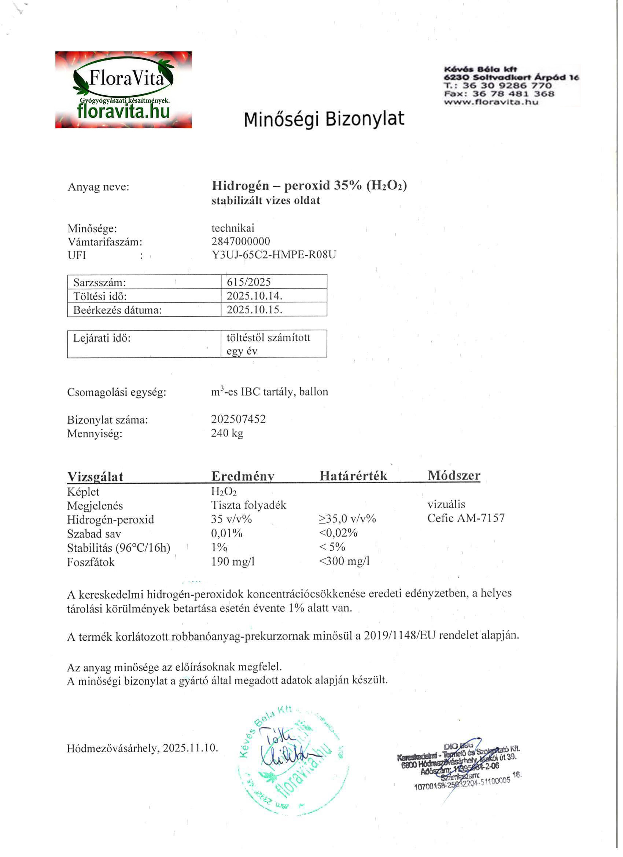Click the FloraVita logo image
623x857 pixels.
(124, 90)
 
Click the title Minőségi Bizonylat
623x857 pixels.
(324, 119)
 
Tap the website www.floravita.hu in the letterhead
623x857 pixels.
(491, 102)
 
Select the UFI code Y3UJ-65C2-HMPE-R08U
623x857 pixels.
(273, 255)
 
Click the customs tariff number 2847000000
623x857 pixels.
(241, 242)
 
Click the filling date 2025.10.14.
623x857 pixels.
(254, 296)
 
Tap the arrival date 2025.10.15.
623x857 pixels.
(254, 310)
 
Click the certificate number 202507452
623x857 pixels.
(239, 419)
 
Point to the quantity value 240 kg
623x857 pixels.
(227, 433)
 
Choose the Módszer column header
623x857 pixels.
(454, 475)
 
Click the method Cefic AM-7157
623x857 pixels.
(466, 518)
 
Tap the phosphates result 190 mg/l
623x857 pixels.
(233, 562)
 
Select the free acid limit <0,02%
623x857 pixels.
(338, 533)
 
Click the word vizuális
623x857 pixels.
(446, 504)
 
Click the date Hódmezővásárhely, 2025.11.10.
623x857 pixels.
(143, 748)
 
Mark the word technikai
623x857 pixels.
(233, 228)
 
